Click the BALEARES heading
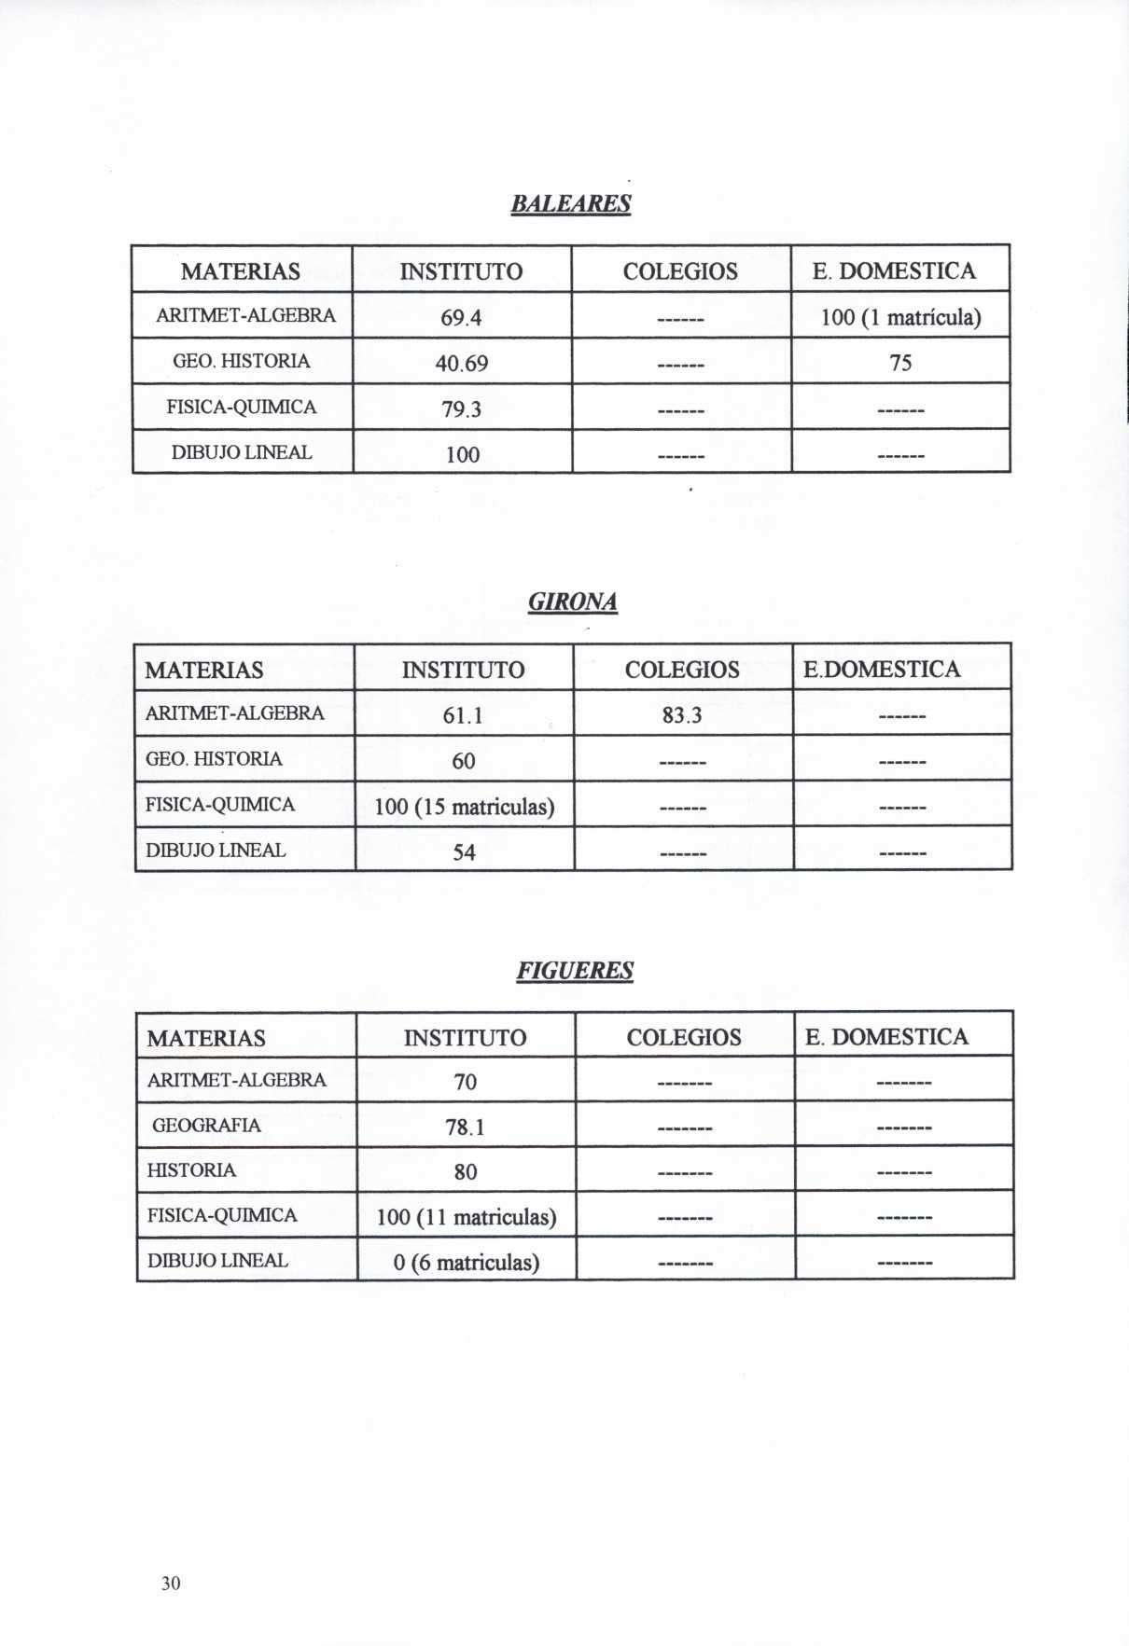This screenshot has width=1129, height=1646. click(x=571, y=203)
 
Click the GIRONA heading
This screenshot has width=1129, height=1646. click(x=573, y=602)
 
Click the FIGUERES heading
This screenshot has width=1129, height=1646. click(x=575, y=971)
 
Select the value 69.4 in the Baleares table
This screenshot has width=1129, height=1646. click(x=461, y=318)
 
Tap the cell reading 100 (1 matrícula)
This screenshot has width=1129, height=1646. click(x=900, y=318)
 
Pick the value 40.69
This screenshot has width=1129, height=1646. click(x=462, y=363)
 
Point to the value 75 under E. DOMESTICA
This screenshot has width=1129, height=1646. click(x=900, y=363)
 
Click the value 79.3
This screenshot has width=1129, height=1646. click(x=461, y=409)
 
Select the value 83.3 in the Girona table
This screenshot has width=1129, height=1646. click(x=682, y=715)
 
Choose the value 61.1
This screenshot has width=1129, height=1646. click(x=463, y=715)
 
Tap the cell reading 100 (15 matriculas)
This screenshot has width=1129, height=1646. click(x=465, y=807)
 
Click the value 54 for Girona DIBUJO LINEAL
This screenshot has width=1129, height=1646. click(x=464, y=852)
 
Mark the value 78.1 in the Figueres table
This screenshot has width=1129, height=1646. click(x=465, y=1127)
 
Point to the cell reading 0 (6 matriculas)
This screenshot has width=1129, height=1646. click(x=467, y=1263)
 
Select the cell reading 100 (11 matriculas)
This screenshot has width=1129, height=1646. click(x=467, y=1217)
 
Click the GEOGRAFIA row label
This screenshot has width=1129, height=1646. click(x=206, y=1126)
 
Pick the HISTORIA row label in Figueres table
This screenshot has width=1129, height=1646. click(x=191, y=1170)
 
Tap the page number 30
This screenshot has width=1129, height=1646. click(x=171, y=1584)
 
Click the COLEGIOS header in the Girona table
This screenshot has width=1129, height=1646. click(x=682, y=670)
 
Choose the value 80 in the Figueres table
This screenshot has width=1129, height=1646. click(x=466, y=1172)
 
